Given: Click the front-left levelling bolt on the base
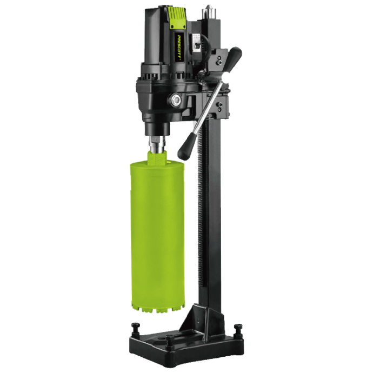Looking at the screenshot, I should click(x=135, y=327).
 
